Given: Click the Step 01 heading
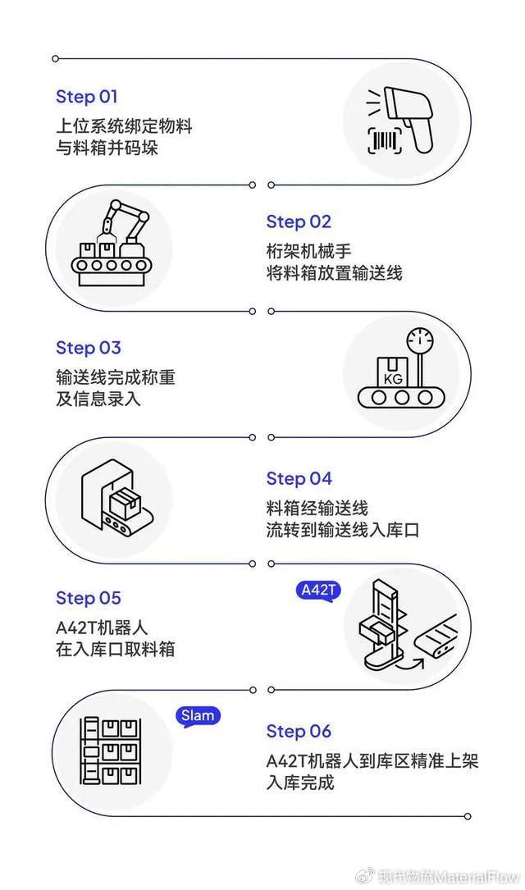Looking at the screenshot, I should point(87,97).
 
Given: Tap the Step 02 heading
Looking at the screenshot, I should point(299,221).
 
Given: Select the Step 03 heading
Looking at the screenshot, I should point(88,348).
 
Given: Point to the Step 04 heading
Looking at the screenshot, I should point(299,478).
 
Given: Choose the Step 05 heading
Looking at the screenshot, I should point(88,598).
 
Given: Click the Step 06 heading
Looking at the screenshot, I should point(299,731).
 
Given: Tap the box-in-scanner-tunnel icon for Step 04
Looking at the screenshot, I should point(111,499).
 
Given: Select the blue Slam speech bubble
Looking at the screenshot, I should point(198,716).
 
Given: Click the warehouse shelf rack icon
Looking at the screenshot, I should point(110,751).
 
